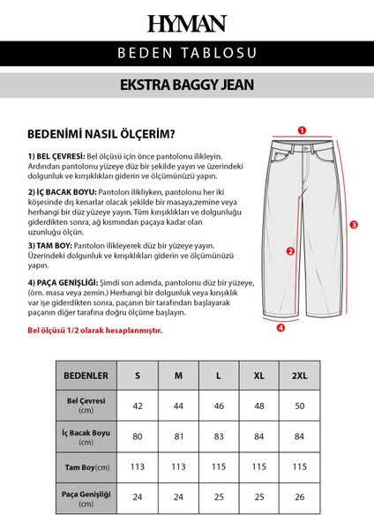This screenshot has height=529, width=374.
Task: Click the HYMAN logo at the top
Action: [187, 24]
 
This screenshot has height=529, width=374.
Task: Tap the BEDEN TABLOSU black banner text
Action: [187, 56]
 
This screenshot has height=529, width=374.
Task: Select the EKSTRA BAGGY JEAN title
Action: [187, 88]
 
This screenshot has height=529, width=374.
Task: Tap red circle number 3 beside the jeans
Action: [353, 225]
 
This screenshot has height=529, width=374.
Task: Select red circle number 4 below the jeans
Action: [280, 328]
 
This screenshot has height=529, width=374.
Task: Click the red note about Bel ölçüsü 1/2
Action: [94, 330]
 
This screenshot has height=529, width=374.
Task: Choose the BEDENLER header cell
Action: [86, 376]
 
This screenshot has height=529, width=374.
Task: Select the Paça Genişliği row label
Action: [86, 496]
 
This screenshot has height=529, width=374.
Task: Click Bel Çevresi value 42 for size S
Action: [138, 406]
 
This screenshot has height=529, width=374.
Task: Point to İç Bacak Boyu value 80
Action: [138, 436]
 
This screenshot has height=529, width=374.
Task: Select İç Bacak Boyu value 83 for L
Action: [219, 436]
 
